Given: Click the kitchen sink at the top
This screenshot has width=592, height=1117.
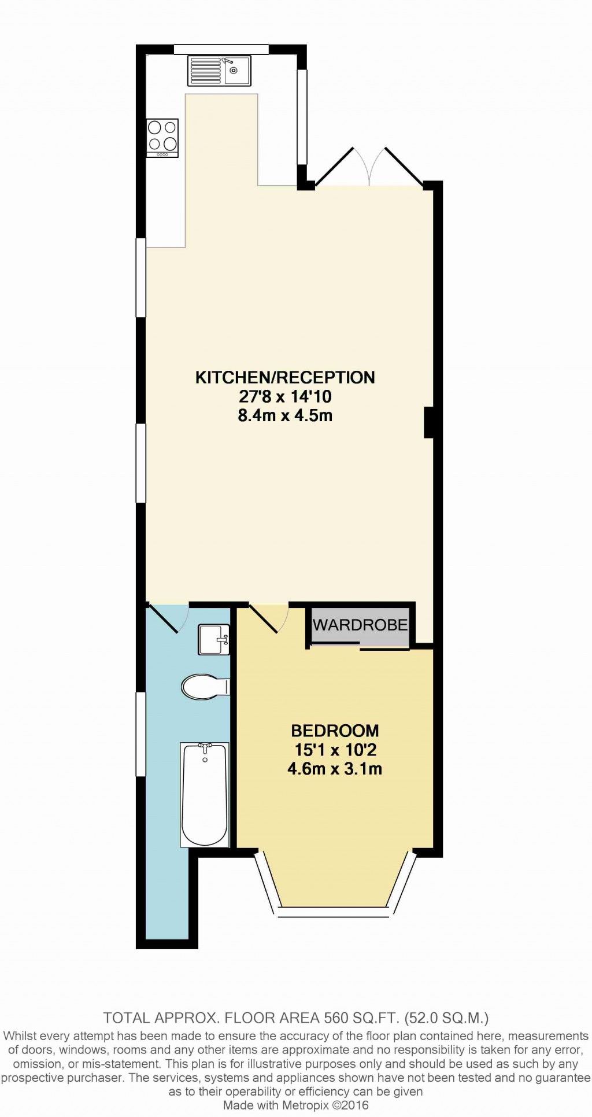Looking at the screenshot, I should [x=219, y=71].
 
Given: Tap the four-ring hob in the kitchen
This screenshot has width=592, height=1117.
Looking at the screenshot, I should [x=162, y=138].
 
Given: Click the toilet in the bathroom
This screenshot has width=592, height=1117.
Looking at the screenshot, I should [x=204, y=687].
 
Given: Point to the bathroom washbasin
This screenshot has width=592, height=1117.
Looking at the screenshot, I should [x=213, y=639].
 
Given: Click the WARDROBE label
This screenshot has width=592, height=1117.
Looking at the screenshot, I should [x=360, y=625].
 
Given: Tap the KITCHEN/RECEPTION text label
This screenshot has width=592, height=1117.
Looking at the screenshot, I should [x=285, y=378].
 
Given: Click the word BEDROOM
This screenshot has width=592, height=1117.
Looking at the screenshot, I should [x=335, y=731].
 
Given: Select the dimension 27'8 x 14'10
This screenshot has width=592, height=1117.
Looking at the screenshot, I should [x=285, y=397].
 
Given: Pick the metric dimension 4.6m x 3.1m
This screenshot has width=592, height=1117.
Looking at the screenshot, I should [x=335, y=769].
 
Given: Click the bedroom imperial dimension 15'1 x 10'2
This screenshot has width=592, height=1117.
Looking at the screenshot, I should [x=335, y=750].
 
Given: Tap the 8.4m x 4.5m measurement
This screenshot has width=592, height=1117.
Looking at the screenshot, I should [x=285, y=415].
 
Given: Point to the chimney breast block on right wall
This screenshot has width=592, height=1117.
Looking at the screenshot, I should [x=429, y=422].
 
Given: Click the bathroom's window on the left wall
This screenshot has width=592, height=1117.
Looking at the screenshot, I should [x=140, y=733].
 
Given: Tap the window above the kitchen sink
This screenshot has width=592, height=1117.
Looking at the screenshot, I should [x=221, y=49].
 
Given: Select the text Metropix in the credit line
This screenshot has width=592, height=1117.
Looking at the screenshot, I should [x=305, y=1105].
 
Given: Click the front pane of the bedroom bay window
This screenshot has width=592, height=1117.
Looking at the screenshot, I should [x=334, y=912].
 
